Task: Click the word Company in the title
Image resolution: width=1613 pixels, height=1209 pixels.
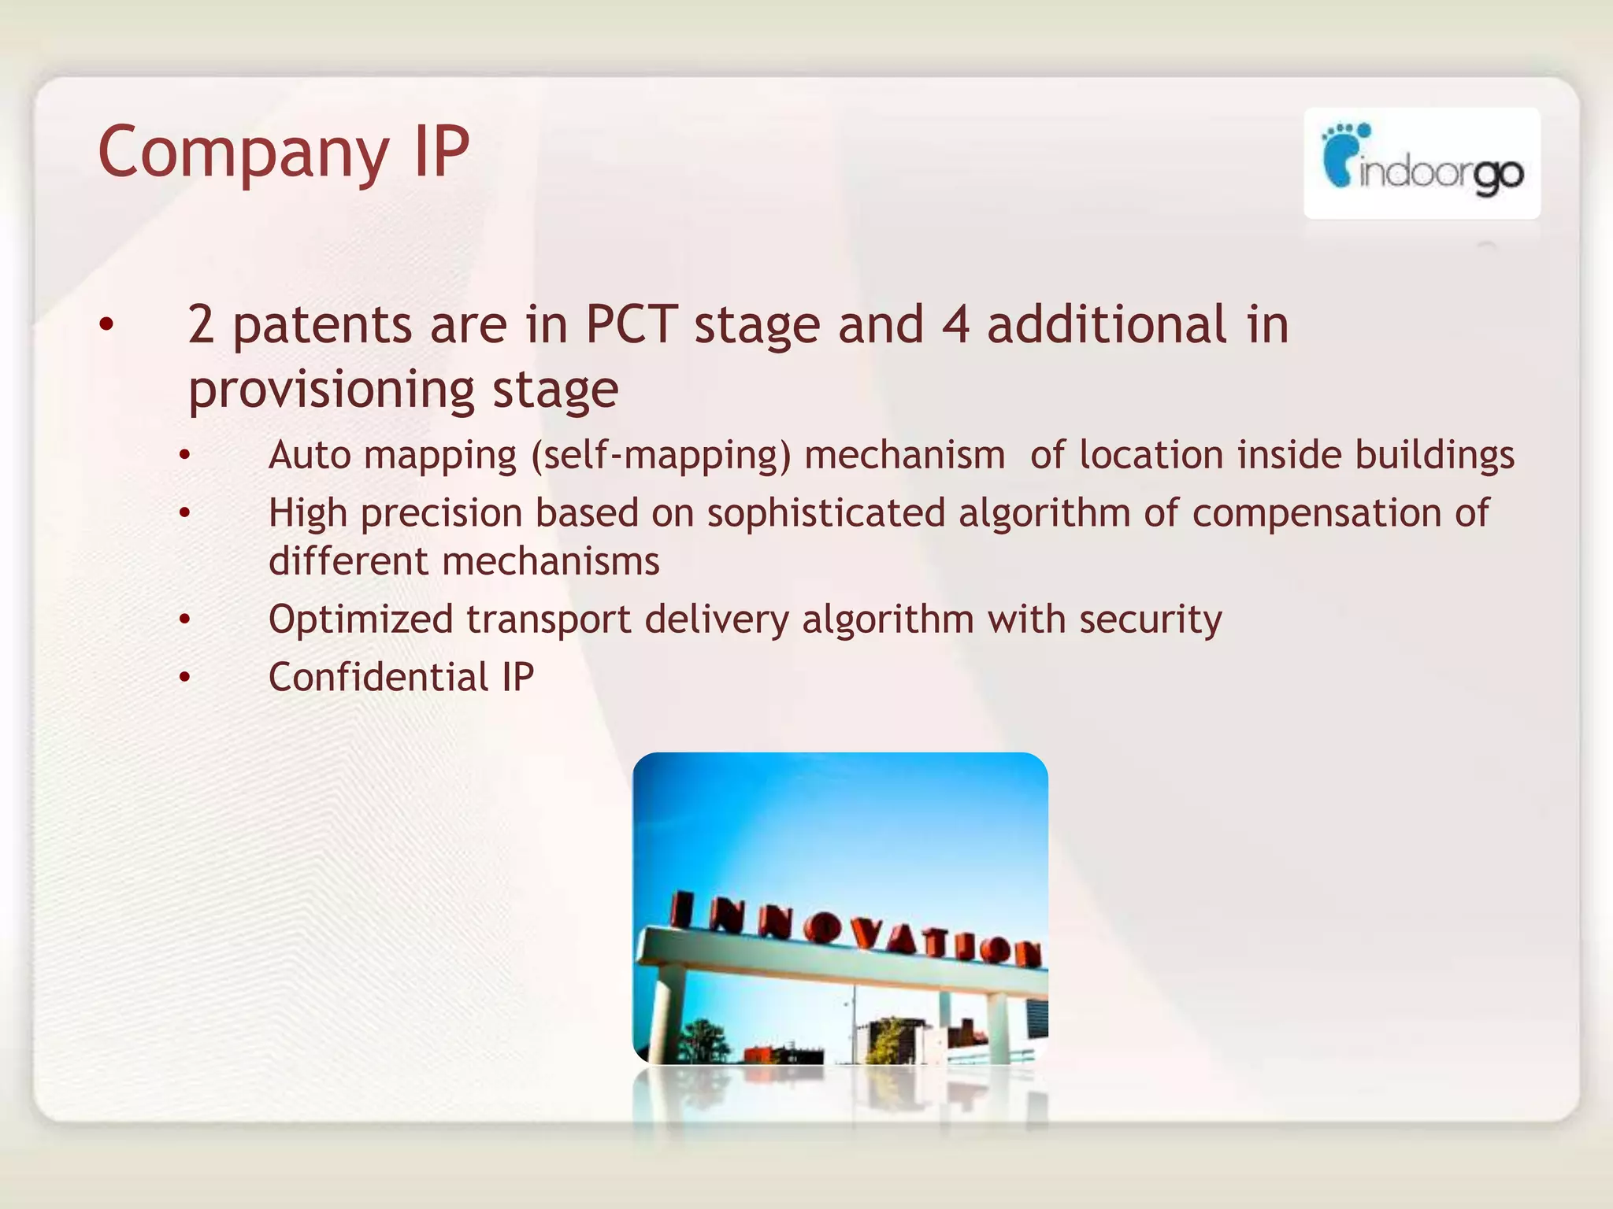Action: point(243,153)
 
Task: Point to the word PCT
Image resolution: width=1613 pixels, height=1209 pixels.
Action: point(630,324)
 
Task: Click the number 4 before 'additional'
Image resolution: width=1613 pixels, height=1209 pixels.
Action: point(955,324)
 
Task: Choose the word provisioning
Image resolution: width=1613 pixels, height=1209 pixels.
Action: point(331,390)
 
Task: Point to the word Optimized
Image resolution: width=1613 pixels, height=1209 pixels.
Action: point(360,619)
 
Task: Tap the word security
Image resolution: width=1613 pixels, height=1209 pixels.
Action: point(1150,619)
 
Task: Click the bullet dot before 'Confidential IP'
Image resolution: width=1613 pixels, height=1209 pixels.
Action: point(184,677)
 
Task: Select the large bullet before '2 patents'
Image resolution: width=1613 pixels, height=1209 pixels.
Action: point(107,324)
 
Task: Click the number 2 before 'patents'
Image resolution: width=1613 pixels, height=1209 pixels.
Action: point(201,324)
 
